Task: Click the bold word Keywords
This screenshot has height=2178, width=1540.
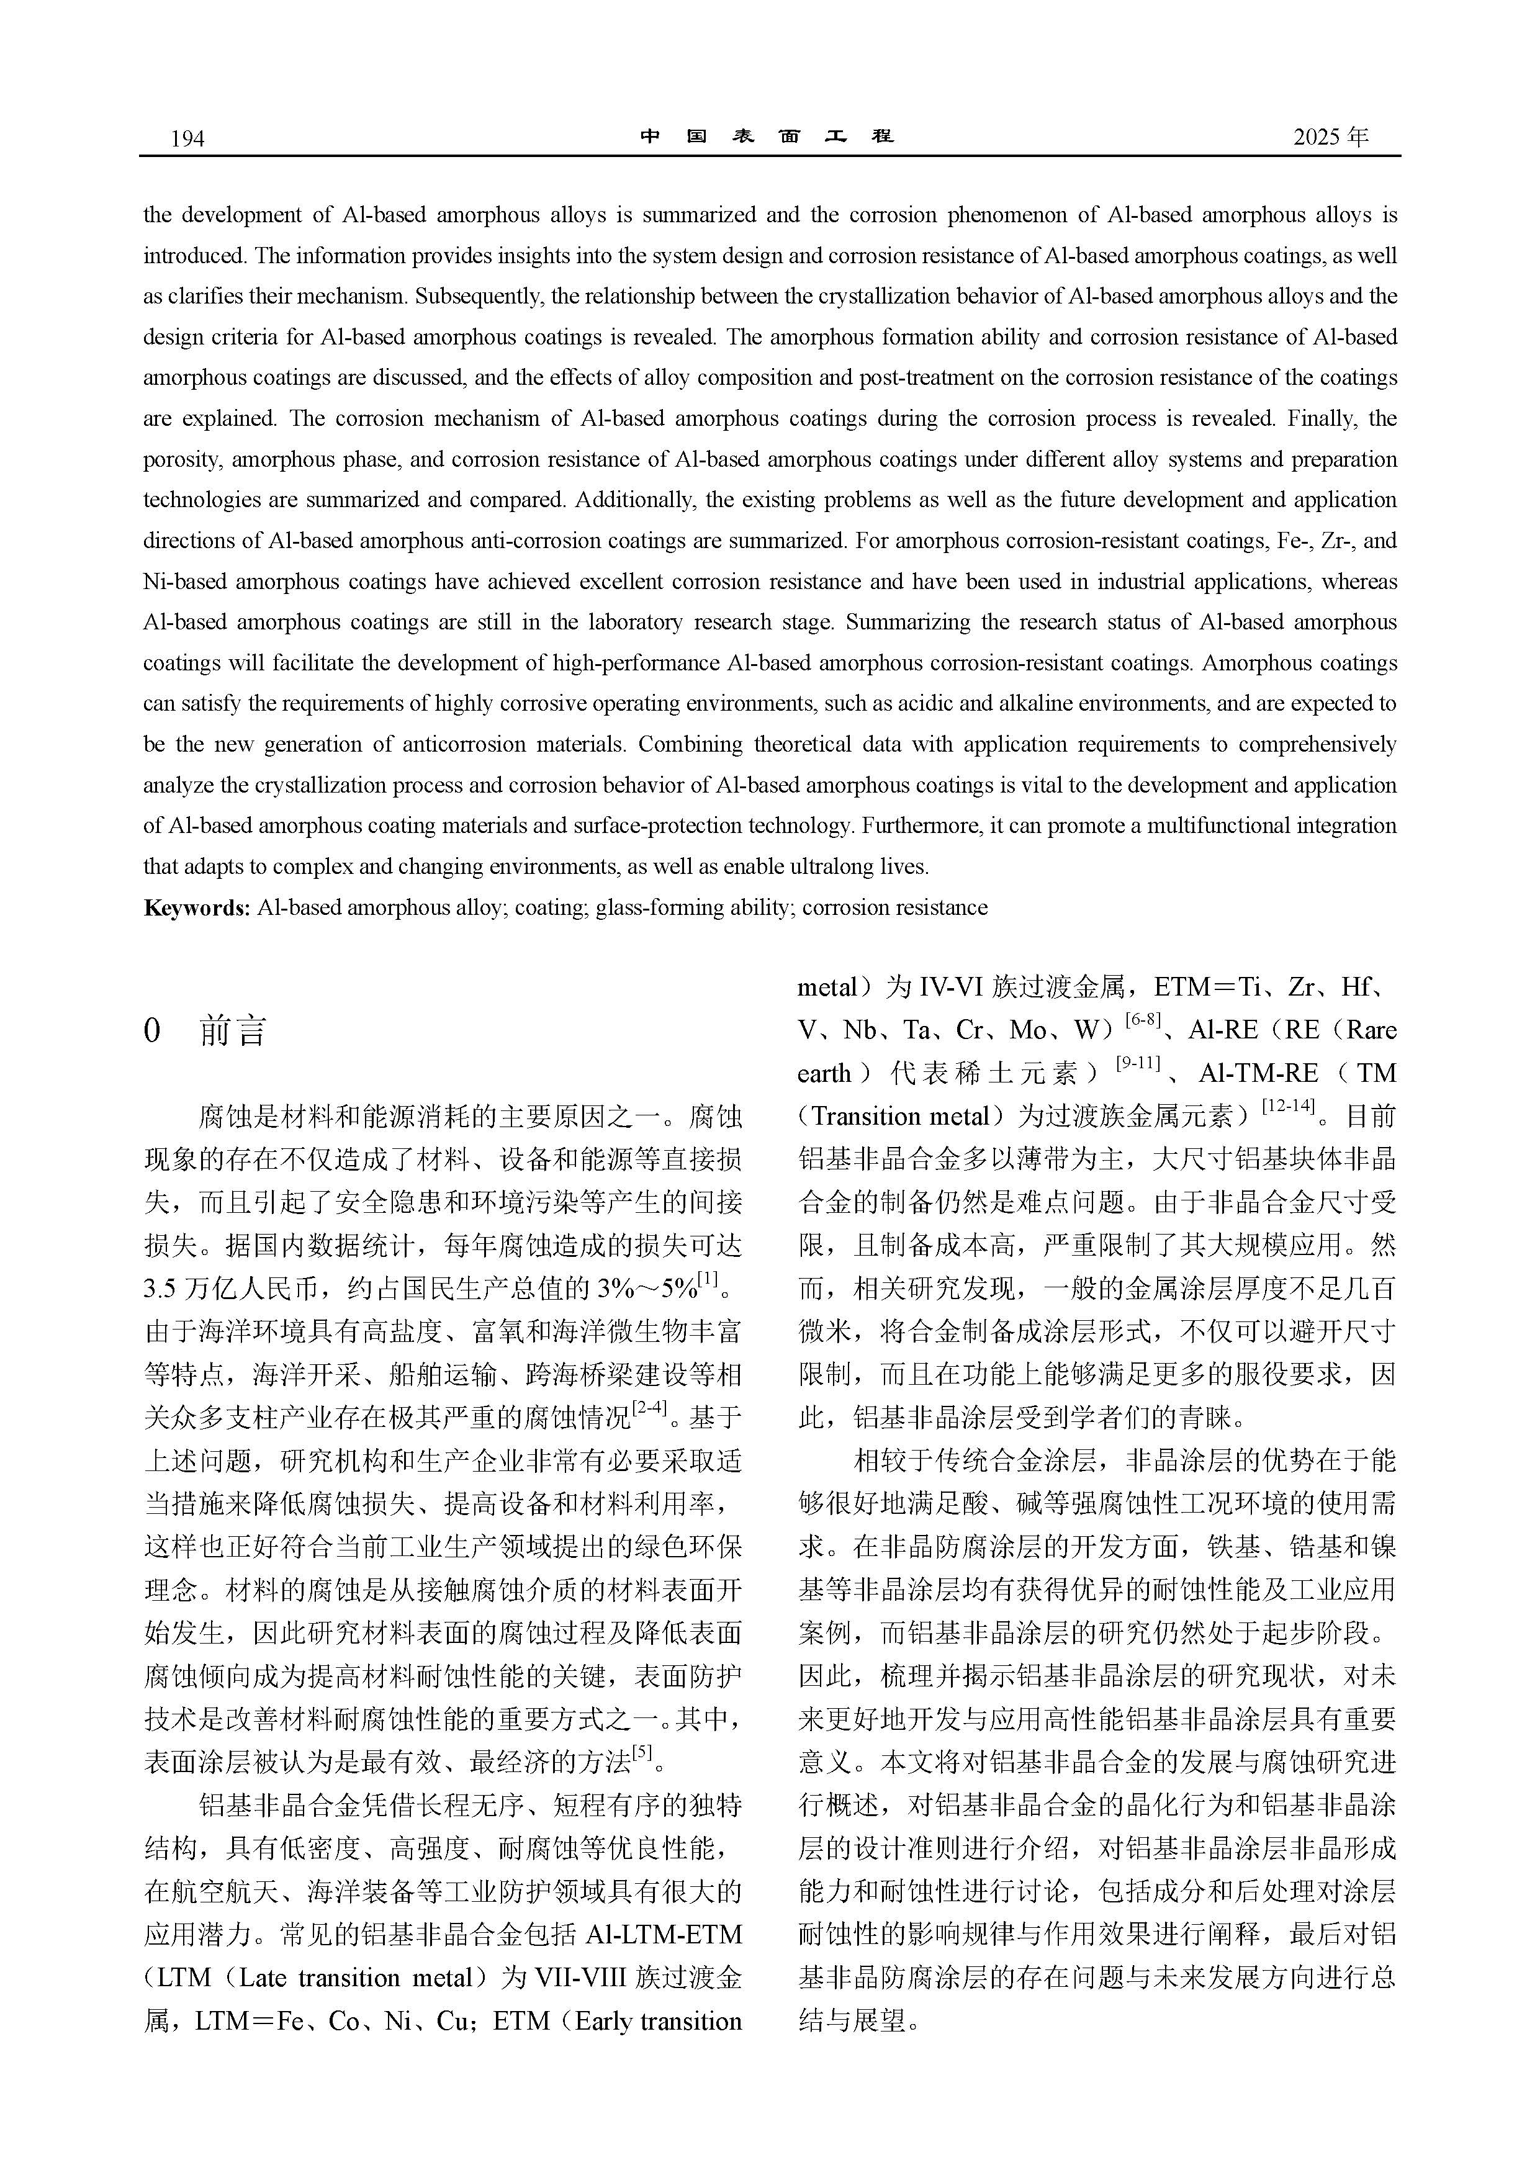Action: (196, 908)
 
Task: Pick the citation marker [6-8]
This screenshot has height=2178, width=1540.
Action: (1142, 1020)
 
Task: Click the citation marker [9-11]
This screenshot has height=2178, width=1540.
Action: (1138, 1063)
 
